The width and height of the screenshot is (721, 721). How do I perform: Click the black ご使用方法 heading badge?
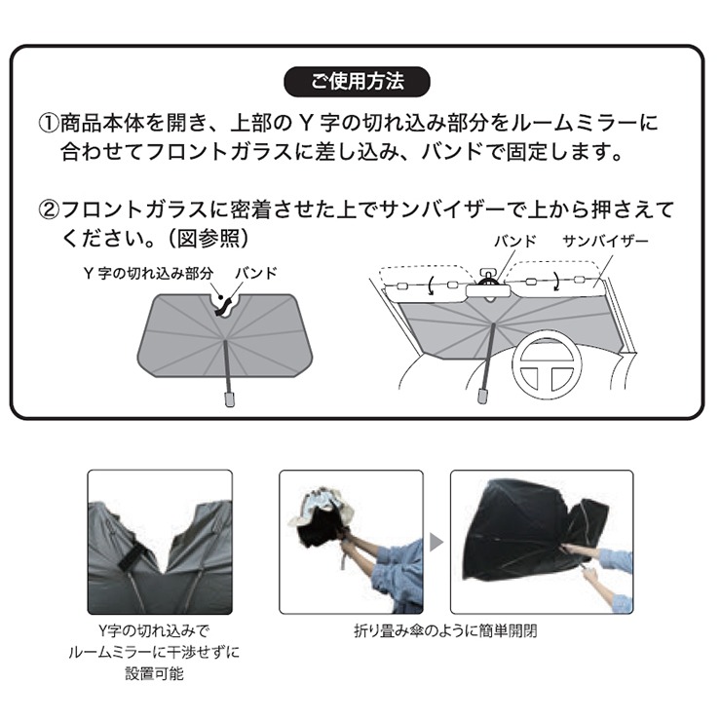tap(357, 82)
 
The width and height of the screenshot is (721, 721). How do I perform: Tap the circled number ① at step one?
tap(49, 123)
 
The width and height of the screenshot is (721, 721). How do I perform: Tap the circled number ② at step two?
tap(49, 209)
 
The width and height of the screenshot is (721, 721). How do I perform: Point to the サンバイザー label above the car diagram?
tap(605, 241)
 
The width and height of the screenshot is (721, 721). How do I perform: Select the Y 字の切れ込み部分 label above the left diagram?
tap(148, 273)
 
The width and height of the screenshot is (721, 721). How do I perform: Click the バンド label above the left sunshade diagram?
tap(256, 273)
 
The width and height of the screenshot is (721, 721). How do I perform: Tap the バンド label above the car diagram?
tap(515, 241)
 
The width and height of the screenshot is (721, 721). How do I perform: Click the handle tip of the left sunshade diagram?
tap(229, 398)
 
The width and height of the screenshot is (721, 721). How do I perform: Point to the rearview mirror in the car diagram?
tap(489, 291)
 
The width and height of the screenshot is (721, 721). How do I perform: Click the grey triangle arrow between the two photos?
tap(436, 542)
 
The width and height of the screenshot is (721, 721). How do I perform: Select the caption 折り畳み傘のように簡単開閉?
tap(445, 630)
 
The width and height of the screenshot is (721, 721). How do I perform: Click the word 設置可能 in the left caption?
tap(154, 673)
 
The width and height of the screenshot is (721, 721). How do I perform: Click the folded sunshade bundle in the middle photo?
tap(321, 519)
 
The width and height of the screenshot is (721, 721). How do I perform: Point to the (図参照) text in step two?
tap(209, 238)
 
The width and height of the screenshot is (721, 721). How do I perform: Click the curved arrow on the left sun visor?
tap(430, 285)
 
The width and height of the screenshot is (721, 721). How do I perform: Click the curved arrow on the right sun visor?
tap(556, 281)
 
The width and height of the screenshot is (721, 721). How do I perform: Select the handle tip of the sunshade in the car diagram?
tap(482, 396)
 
